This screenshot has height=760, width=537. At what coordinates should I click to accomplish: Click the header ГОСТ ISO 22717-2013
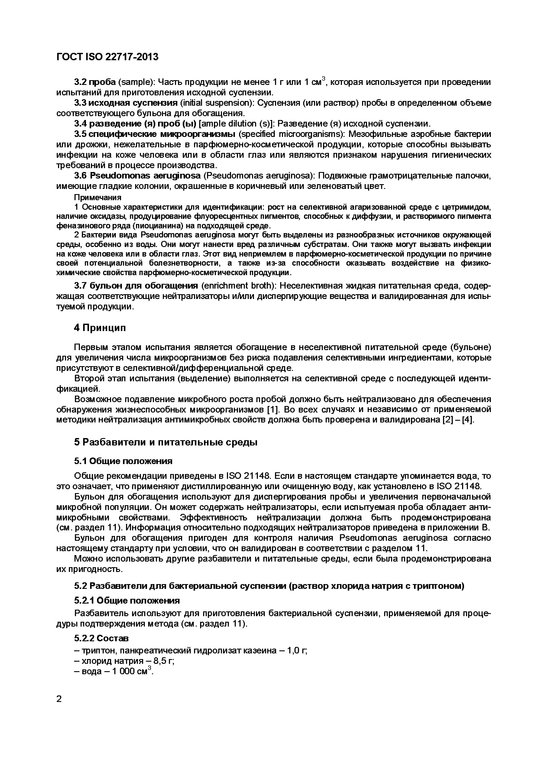pos(108,57)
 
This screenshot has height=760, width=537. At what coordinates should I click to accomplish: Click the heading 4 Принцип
pos(100,328)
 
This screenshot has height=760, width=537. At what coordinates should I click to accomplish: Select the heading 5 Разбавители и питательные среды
pos(165,442)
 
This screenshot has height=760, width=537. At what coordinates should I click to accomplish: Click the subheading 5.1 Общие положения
pos(123,461)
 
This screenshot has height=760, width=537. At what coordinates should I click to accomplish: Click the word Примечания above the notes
pos(98,198)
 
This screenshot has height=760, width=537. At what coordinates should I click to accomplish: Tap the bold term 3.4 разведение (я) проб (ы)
pos(135,124)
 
